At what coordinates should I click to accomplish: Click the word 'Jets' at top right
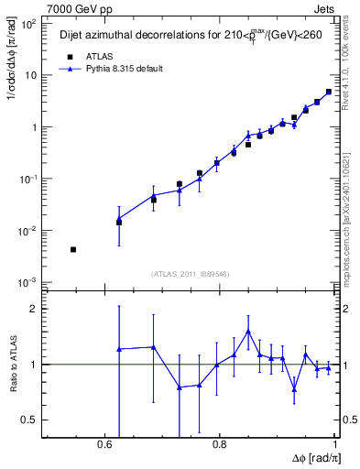(324, 8)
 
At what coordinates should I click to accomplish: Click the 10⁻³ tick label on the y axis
(30, 281)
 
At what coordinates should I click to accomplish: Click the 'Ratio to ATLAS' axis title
(12, 365)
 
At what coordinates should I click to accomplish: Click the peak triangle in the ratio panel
(248, 332)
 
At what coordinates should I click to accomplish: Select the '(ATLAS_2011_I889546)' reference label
(190, 273)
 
